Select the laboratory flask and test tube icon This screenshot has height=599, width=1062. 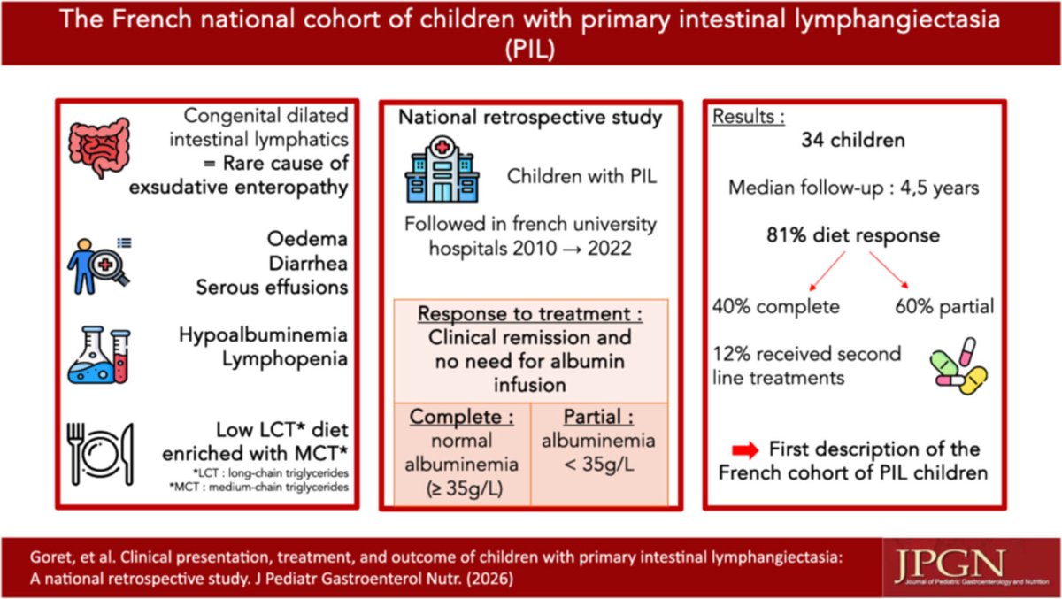tap(97, 353)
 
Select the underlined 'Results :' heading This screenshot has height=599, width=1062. tap(749, 116)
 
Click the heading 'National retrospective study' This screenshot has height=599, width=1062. tap(529, 118)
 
